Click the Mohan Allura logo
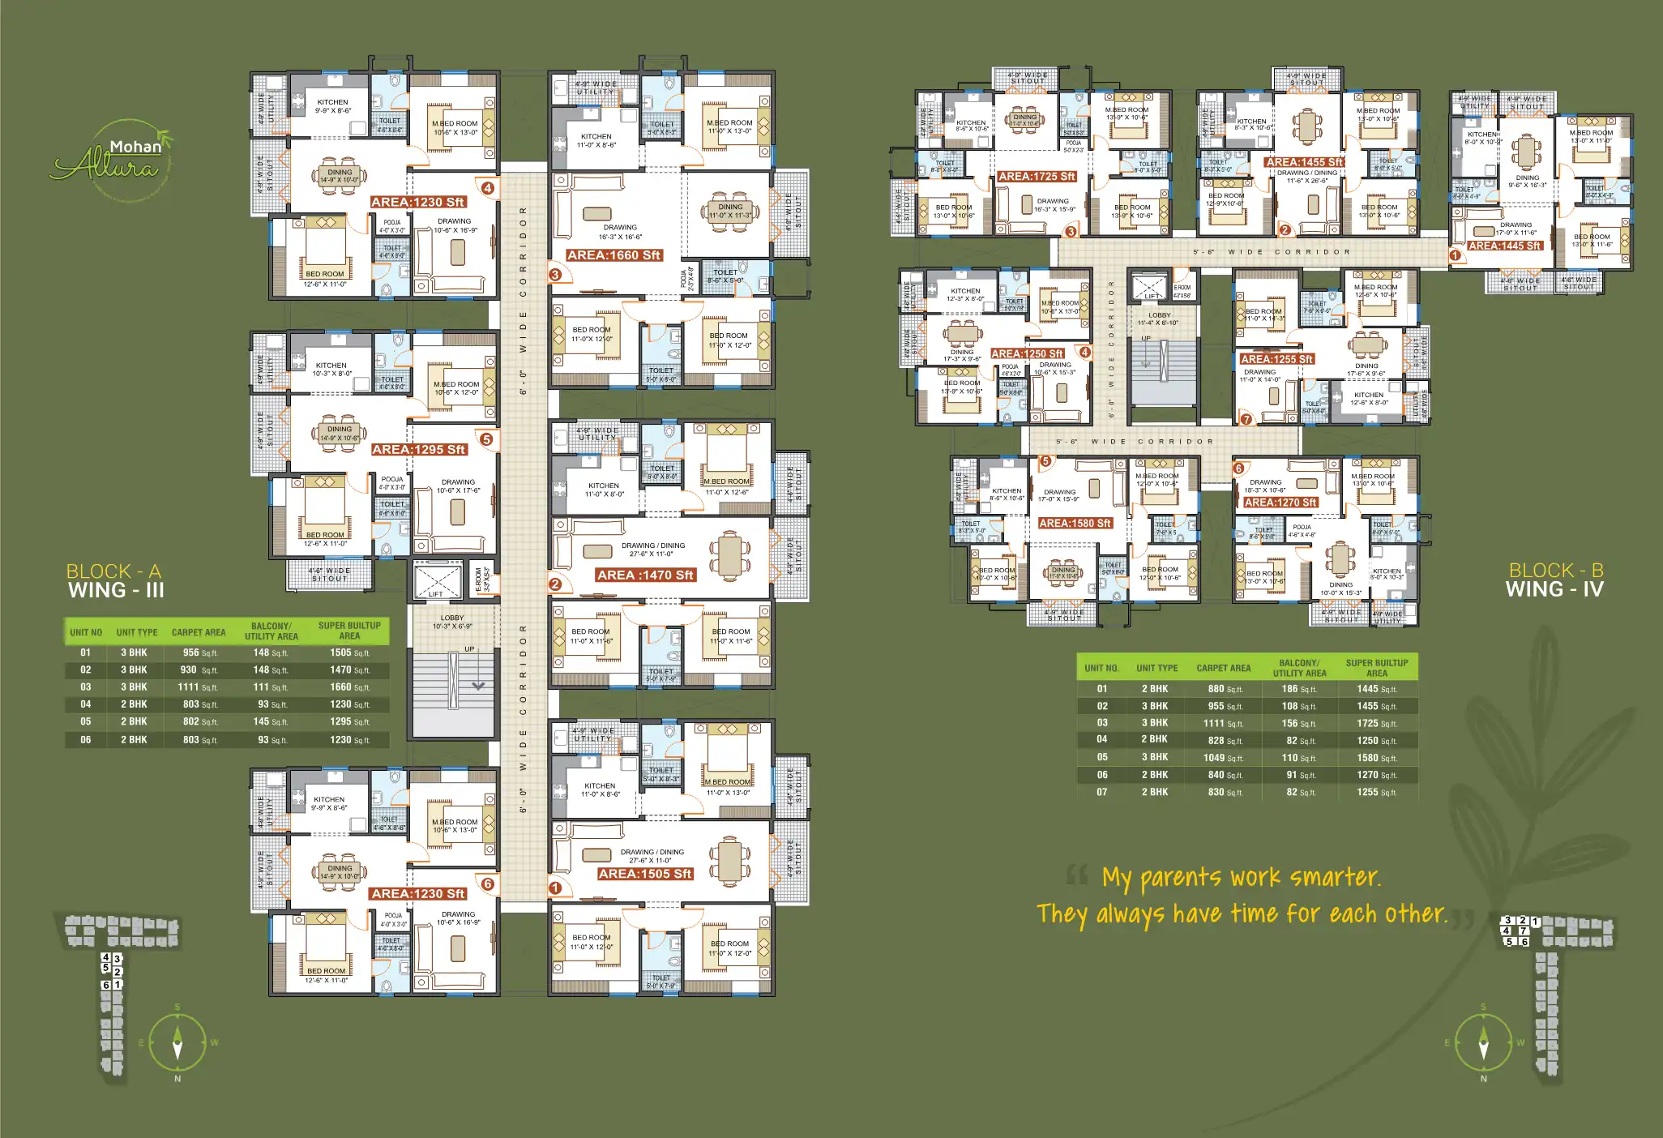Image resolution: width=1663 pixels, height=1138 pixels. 114,159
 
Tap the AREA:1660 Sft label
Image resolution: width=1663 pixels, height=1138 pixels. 613,255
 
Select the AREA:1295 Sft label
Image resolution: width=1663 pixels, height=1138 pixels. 418,449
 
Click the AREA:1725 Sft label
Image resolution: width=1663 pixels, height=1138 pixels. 1037,176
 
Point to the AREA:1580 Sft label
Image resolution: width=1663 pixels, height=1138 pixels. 1075,524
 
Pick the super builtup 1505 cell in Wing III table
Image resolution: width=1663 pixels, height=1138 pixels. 348,652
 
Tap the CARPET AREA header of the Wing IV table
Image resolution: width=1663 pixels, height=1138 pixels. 1223,668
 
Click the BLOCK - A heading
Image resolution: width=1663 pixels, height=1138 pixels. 113,571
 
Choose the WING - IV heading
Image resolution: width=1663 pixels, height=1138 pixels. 1554,590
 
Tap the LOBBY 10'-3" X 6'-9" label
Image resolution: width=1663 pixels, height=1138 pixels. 452,622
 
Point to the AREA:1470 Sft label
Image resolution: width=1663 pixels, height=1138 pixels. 645,575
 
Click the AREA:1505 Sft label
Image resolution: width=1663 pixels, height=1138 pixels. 645,874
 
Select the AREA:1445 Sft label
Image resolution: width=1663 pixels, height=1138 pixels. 1504,246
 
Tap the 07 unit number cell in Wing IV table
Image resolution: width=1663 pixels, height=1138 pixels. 1102,792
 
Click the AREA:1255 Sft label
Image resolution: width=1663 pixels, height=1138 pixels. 1276,359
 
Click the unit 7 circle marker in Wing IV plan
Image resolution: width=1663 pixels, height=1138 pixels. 1246,419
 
